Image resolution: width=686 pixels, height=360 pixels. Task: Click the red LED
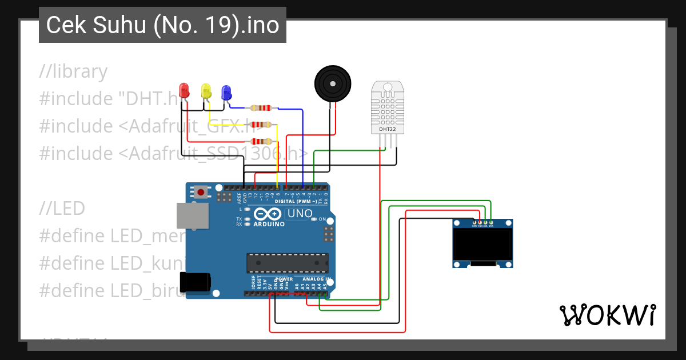184,90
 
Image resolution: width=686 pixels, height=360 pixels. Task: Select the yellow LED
206,90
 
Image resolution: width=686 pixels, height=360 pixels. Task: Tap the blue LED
226,91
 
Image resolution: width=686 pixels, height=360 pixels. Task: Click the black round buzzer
332,83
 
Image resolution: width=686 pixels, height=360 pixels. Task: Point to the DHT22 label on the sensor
388,129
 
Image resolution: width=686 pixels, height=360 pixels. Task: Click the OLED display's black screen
481,244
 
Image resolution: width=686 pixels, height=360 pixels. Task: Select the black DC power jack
194,282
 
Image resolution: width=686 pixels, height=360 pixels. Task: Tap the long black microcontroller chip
287,263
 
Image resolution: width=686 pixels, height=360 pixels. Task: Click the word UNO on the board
300,214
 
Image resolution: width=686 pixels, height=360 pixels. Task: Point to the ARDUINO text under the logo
268,224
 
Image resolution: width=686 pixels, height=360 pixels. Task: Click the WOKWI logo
607,315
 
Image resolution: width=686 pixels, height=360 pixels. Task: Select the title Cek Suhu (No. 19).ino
162,25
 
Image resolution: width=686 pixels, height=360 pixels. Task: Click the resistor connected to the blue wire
261,107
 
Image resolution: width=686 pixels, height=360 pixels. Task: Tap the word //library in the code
73,72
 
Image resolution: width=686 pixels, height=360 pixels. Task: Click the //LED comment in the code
62,208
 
